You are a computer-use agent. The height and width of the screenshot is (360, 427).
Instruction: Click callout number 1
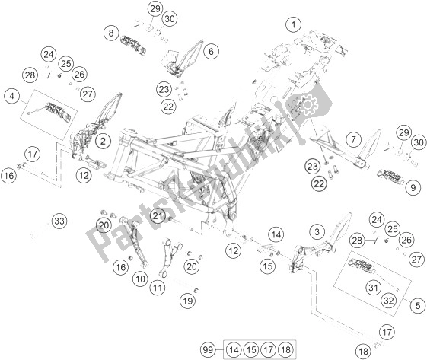[x=291, y=24]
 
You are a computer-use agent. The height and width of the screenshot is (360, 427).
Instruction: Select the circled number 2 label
[x=104, y=139]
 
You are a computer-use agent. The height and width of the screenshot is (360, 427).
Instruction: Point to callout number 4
[x=11, y=96]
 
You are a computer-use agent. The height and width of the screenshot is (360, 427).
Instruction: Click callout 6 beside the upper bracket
[x=211, y=52]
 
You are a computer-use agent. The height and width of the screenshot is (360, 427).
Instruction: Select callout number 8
[x=113, y=33]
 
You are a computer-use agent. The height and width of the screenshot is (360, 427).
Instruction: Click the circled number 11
[x=158, y=288]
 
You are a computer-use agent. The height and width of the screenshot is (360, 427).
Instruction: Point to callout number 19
[x=188, y=302]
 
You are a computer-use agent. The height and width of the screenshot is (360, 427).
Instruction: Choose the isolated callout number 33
[x=59, y=221]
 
